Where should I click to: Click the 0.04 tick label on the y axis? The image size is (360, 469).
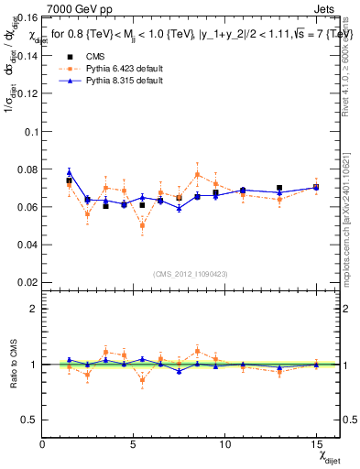pyautogui.click(x=27, y=245)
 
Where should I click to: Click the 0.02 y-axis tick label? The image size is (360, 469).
pyautogui.click(x=27, y=282)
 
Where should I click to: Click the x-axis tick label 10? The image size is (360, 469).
pyautogui.click(x=224, y=446)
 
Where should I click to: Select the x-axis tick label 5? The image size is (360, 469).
pyautogui.click(x=134, y=446)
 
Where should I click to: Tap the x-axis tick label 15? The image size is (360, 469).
pyautogui.click(x=315, y=446)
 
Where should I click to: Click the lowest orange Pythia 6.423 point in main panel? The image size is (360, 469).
pyautogui.click(x=142, y=225)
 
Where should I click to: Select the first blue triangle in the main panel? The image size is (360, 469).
pyautogui.click(x=69, y=172)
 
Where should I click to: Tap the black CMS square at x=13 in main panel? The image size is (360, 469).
pyautogui.click(x=279, y=188)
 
